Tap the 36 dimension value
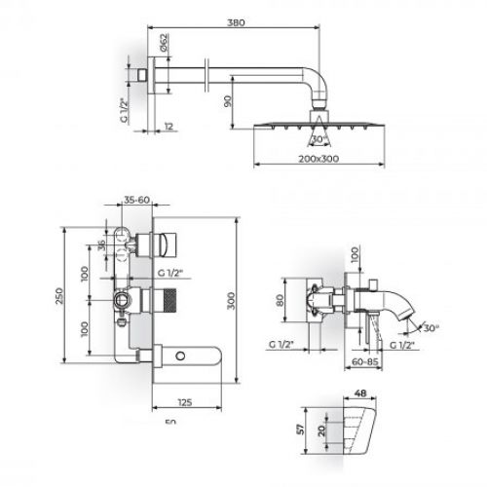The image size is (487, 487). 102,244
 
